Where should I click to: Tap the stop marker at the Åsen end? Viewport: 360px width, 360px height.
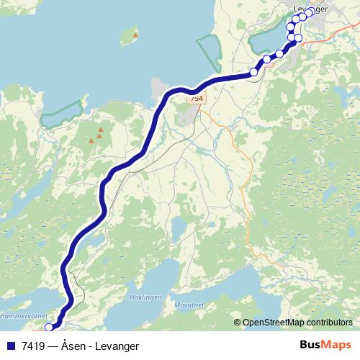pyautogui.click(x=49, y=327)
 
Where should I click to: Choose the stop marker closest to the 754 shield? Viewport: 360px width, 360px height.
pyautogui.click(x=254, y=72)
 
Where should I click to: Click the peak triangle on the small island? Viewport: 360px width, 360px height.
pyautogui.click(x=135, y=35)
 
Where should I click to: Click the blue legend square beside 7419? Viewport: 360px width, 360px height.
pyautogui.click(x=10, y=346)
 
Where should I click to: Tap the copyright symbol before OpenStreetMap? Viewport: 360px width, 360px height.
pyautogui.click(x=238, y=323)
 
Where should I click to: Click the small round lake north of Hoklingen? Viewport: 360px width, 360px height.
pyautogui.click(x=176, y=228)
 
